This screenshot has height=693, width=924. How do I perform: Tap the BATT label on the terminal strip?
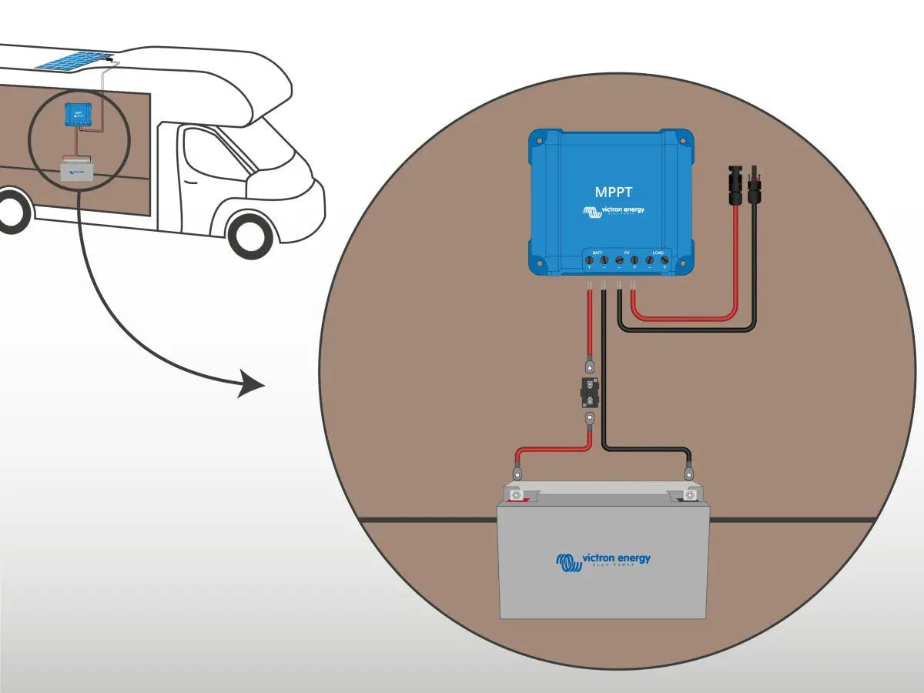(597, 253)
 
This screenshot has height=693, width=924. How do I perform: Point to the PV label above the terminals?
(626, 253)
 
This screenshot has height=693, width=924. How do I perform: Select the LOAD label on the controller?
(657, 253)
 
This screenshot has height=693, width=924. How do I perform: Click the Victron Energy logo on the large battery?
(603, 561)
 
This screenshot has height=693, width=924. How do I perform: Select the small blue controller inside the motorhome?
(77, 115)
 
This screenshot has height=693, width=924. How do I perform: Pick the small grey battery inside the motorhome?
(77, 170)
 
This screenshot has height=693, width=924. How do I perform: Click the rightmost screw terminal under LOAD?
(664, 263)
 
